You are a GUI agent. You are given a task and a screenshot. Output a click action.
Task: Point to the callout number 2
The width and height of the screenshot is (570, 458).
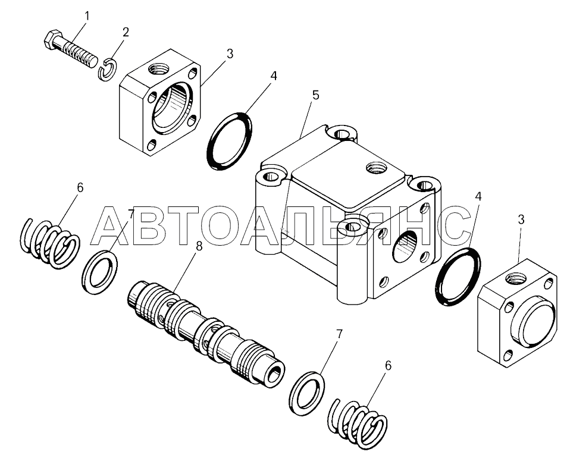click(x=124, y=32)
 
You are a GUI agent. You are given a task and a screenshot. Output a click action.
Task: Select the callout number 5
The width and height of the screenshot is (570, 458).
click(x=315, y=95)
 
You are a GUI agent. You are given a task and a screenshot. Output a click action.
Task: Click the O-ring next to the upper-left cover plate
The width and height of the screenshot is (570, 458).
click(x=230, y=140)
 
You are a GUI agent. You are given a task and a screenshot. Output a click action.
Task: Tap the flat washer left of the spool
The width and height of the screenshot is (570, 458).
click(x=99, y=271)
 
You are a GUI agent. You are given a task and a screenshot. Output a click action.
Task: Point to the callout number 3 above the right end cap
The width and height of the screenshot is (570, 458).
click(x=521, y=219)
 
